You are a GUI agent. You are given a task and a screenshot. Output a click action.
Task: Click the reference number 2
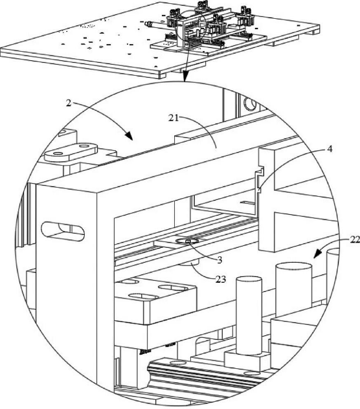[x=69, y=104]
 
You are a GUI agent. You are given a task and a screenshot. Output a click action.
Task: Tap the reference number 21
[x=174, y=118]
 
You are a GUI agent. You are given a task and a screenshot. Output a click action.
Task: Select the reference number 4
[x=330, y=149]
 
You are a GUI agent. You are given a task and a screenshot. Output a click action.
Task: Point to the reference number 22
[x=355, y=239]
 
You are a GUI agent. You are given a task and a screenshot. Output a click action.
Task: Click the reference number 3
[x=219, y=260]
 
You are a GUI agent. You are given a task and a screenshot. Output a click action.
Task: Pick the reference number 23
[x=221, y=280]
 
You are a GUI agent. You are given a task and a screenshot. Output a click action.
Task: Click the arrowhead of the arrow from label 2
[x=129, y=136]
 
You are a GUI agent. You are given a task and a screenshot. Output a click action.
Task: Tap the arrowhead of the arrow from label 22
[x=317, y=254]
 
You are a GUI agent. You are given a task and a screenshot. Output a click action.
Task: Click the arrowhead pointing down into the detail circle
[x=185, y=77]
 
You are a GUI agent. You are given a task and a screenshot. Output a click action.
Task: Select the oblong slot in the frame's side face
[x=63, y=231]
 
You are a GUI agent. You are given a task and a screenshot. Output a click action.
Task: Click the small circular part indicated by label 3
[x=187, y=241]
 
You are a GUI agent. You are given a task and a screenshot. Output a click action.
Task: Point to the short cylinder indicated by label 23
[x=190, y=263]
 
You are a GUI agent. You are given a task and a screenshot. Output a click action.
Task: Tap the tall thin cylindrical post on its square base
[x=249, y=316]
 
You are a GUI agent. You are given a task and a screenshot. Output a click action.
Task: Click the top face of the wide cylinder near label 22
[x=294, y=267]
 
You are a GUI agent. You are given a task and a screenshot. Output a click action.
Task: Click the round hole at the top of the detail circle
[x=250, y=104]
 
